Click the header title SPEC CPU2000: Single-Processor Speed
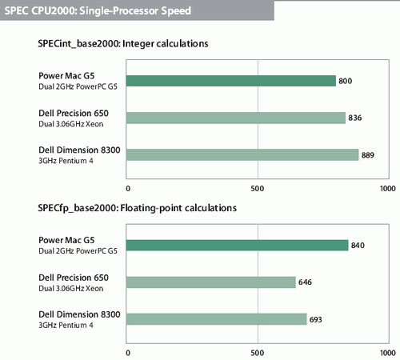click(x=98, y=11)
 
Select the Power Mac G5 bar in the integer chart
click(x=231, y=81)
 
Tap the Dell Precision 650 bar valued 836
click(x=236, y=118)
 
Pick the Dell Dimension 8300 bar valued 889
click(x=242, y=155)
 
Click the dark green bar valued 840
click(x=238, y=246)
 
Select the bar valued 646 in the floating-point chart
click(x=211, y=282)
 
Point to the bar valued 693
click(x=217, y=319)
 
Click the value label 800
click(x=346, y=81)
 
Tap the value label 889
click(x=368, y=155)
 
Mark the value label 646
click(x=305, y=282)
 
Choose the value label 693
click(x=316, y=319)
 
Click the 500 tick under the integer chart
click(x=258, y=189)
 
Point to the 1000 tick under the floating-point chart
click(x=388, y=353)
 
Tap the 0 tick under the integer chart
click(x=128, y=189)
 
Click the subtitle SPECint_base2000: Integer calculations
click(x=123, y=44)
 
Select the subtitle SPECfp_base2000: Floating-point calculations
click(x=137, y=208)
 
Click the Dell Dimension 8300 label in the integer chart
click(x=79, y=150)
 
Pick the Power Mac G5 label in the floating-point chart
click(x=66, y=240)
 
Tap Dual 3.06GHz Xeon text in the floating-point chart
click(x=71, y=288)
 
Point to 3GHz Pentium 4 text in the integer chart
click(x=66, y=161)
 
